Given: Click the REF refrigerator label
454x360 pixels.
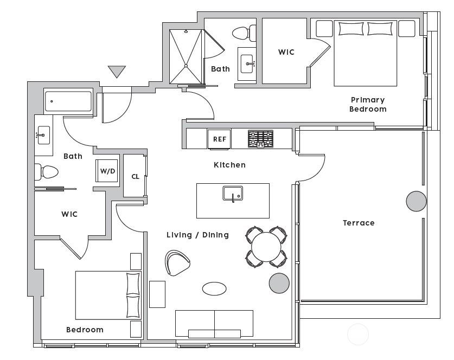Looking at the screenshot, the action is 220,139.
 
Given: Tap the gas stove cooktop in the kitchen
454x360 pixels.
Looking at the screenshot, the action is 260,139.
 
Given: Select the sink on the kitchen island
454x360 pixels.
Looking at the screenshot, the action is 233,194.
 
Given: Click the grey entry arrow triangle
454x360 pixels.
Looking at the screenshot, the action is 117,72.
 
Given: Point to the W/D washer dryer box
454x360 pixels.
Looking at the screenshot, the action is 107,171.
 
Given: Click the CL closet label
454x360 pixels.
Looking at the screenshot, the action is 135,177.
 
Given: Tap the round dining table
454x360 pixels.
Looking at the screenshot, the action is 266,247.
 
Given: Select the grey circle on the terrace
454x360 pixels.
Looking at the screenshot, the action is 417,201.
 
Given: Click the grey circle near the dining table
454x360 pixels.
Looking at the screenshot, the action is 279,283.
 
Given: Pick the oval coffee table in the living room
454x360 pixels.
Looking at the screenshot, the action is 214,288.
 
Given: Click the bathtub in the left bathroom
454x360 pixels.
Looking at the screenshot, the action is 68,101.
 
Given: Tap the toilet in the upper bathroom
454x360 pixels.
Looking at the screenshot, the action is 244,33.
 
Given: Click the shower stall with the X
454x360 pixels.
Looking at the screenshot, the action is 186,57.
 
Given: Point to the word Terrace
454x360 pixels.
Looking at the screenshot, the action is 359,223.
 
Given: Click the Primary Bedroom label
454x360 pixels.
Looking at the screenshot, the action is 368,105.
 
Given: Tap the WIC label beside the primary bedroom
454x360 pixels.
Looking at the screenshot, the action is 286,52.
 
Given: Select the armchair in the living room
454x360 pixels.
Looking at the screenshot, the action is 177,263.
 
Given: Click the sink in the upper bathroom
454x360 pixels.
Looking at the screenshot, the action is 247,63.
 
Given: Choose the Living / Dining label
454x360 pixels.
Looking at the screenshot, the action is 197,235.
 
